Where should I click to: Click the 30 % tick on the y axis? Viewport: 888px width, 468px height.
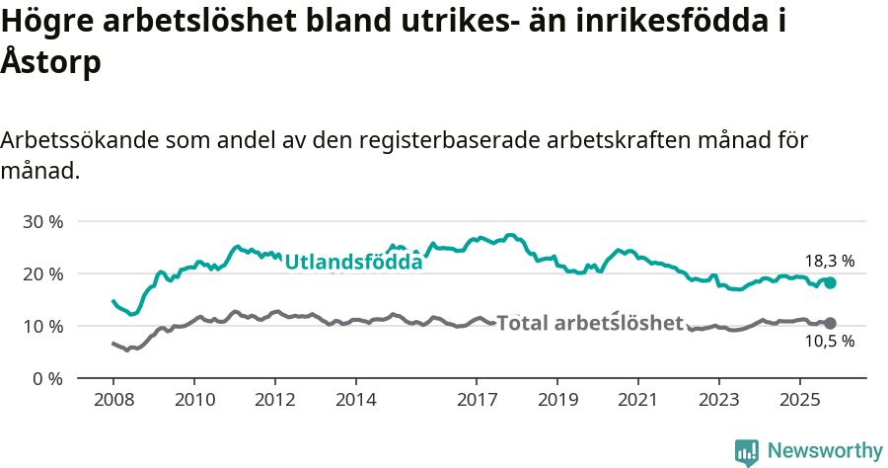click(41, 221)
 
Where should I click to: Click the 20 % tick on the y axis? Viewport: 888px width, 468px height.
click(41, 273)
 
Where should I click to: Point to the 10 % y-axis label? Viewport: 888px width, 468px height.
click(41, 326)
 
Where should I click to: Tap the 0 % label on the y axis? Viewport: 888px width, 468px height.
click(46, 378)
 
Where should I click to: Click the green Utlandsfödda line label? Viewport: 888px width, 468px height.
click(353, 262)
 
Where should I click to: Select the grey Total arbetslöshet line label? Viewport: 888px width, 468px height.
click(589, 323)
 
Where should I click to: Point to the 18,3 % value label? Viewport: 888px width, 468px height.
click(830, 262)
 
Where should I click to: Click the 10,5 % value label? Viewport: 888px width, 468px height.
click(830, 342)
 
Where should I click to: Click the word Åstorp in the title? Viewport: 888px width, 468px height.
click(51, 62)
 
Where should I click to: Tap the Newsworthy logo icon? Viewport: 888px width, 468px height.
click(747, 451)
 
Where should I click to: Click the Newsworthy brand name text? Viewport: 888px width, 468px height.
click(825, 451)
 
